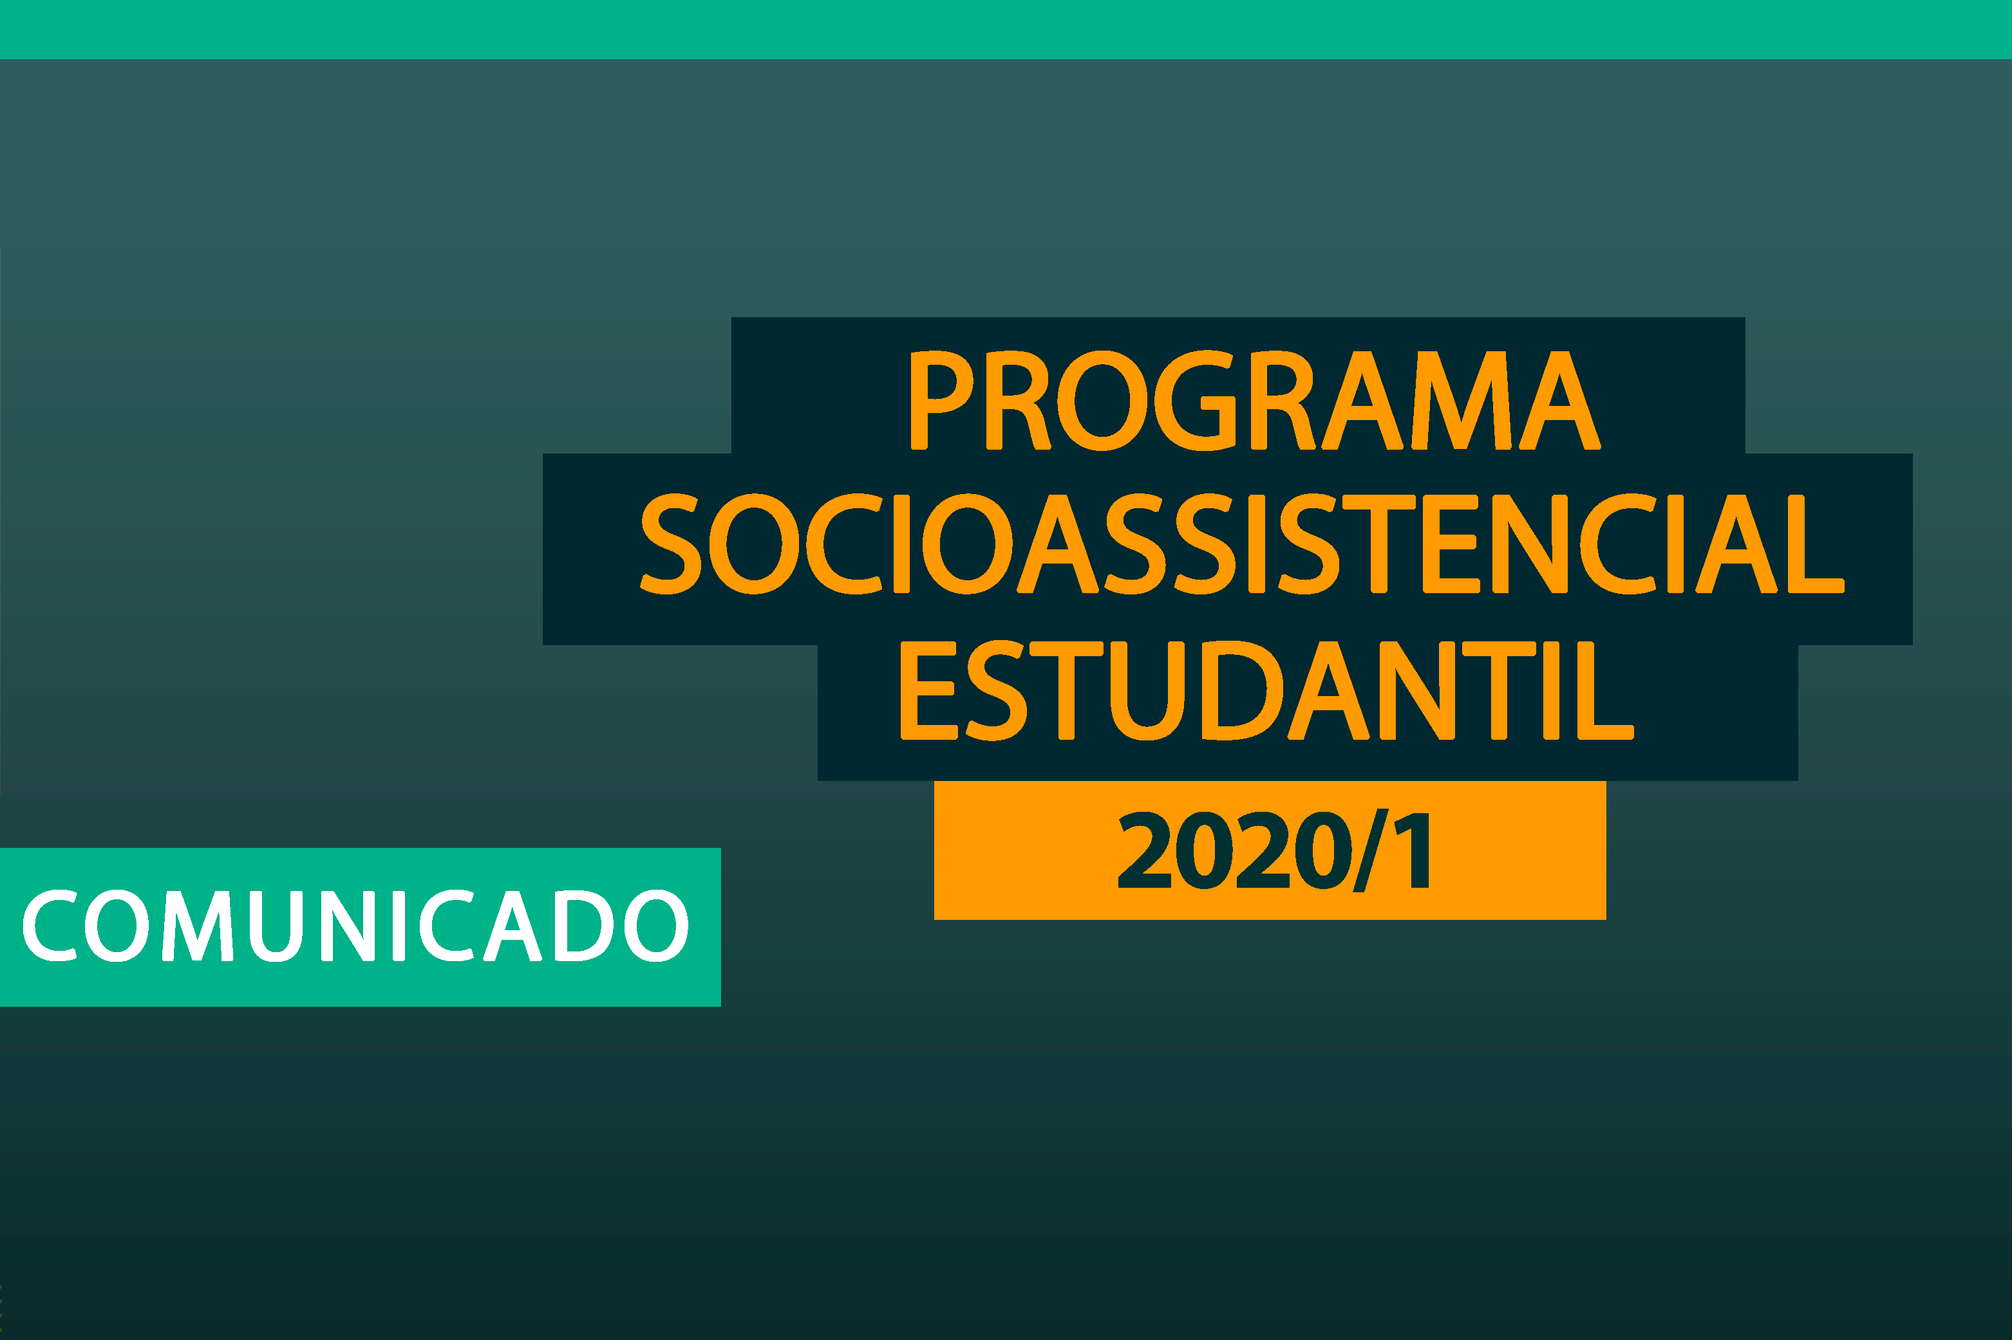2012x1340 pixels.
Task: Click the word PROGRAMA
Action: coord(1254,400)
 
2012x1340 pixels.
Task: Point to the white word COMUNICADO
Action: coord(355,926)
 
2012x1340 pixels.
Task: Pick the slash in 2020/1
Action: coord(1370,850)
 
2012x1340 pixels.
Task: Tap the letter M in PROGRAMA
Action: coord(1462,400)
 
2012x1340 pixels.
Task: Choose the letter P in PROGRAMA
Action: coord(939,400)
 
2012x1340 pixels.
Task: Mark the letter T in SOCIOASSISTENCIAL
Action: coord(1378,544)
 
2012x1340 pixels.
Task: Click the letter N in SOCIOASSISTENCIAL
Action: coord(1530,544)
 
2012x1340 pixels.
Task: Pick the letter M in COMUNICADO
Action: coord(198,926)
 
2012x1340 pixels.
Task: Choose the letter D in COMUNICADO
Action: coord(583,926)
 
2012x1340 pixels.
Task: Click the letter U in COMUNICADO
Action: coord(276,926)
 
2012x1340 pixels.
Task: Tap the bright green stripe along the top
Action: coord(1006,28)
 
